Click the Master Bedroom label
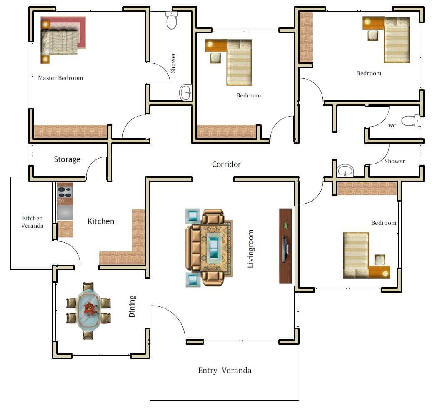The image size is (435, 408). pyautogui.click(x=60, y=78)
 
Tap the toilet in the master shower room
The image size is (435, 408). pyautogui.click(x=171, y=20)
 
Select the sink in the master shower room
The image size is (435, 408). pyautogui.click(x=185, y=92)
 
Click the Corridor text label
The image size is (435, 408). pyautogui.click(x=226, y=164)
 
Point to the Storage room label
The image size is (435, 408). pyautogui.click(x=67, y=159)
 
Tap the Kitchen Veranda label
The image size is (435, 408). pyautogui.click(x=32, y=222)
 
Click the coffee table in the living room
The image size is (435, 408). pyautogui.click(x=214, y=247)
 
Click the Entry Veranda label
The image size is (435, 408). pyautogui.click(x=225, y=371)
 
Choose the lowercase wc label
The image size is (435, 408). pyautogui.click(x=392, y=126)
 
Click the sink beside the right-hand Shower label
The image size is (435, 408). pyautogui.click(x=345, y=170)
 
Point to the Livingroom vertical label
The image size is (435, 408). pyautogui.click(x=250, y=249)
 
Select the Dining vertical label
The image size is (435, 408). pyautogui.click(x=132, y=306)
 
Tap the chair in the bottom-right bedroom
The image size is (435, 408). pyautogui.click(x=380, y=260)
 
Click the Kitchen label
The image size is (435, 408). pyautogui.click(x=101, y=221)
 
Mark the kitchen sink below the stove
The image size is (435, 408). pyautogui.click(x=65, y=213)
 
